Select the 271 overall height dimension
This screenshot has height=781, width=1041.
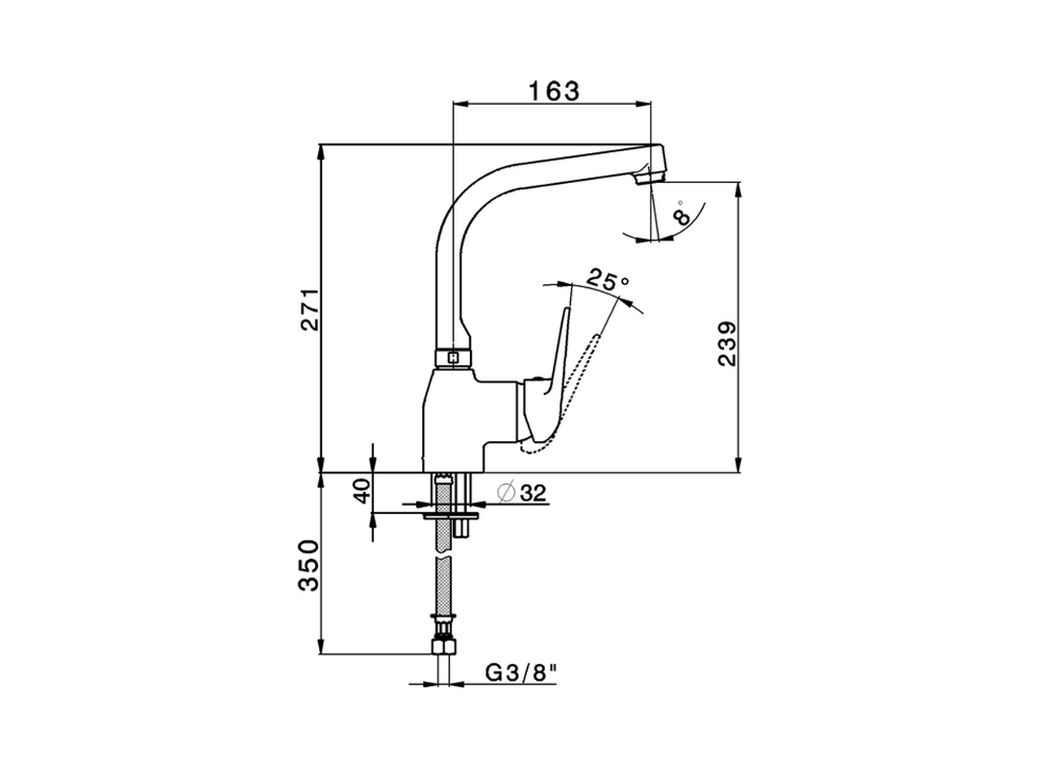[x=310, y=309]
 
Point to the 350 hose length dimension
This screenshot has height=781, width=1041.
[x=310, y=565]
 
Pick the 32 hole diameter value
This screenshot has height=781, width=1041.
[x=533, y=492]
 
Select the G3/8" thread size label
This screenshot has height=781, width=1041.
[x=521, y=674]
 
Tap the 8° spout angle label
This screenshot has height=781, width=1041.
[x=683, y=214]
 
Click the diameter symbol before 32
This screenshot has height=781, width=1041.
[x=505, y=492]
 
